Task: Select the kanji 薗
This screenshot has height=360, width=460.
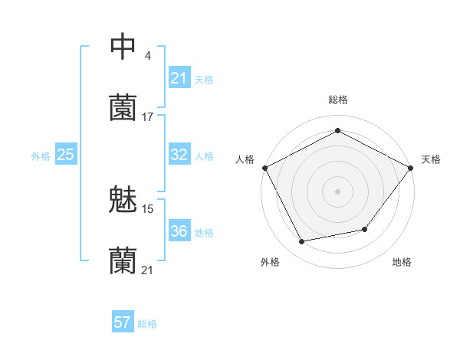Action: point(123,109)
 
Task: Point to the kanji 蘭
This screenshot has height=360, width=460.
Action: point(123,261)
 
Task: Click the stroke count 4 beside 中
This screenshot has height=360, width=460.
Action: point(147,55)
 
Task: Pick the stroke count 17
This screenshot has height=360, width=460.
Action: point(148,117)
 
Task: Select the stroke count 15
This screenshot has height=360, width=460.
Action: point(148,208)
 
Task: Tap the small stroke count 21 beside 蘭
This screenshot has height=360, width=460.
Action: point(148,270)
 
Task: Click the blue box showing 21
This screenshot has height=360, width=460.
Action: point(179,78)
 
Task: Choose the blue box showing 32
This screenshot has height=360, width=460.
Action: point(179,155)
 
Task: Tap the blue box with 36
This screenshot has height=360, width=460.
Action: point(179,231)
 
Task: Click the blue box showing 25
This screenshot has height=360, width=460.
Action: point(66,155)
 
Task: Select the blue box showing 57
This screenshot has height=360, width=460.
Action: point(122,322)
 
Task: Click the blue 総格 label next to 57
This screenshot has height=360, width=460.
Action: point(147,324)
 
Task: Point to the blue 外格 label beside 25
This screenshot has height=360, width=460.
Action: point(41,156)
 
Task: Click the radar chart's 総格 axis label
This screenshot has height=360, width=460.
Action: point(338,100)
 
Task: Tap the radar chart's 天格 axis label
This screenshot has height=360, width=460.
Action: point(432,159)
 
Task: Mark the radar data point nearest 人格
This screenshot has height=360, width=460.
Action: point(265,167)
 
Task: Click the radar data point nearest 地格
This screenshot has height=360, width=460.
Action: point(365,228)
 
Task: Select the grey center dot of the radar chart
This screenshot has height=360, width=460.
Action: point(338,191)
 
